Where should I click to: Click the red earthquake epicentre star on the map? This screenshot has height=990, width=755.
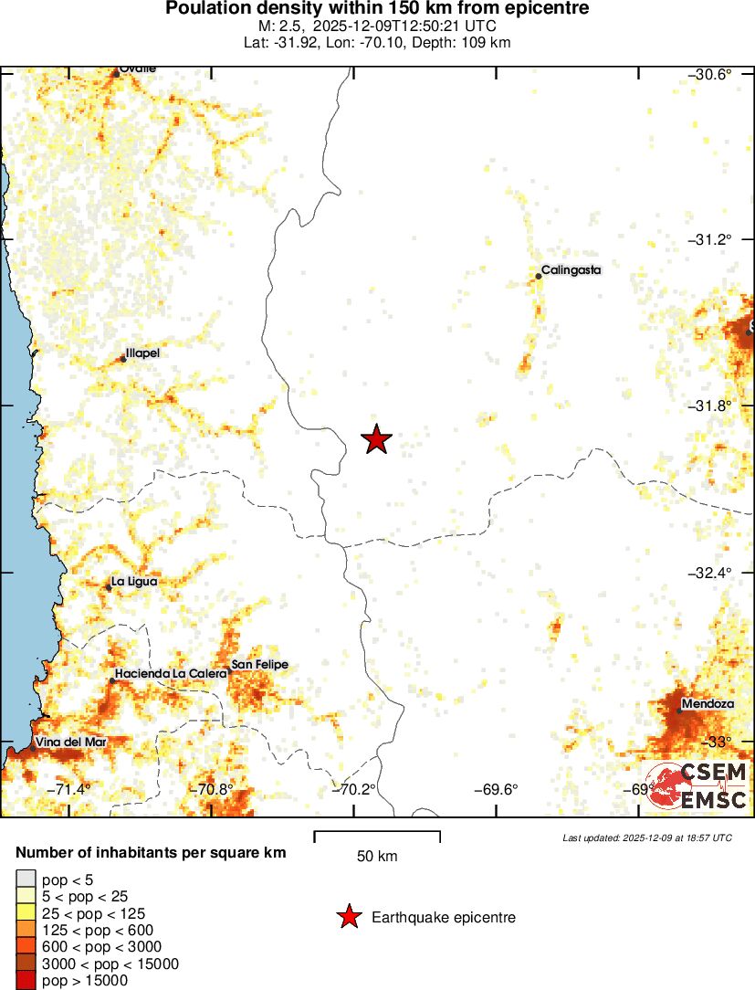(376, 439)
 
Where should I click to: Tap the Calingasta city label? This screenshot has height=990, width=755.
(571, 270)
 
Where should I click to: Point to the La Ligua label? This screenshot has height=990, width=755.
(135, 581)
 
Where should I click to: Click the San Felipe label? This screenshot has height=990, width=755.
(259, 665)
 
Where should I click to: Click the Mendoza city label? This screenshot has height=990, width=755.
(707, 704)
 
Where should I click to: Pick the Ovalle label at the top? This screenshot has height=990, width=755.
(138, 69)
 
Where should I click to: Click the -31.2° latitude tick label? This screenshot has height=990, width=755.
(709, 239)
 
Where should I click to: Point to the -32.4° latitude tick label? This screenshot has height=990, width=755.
(709, 573)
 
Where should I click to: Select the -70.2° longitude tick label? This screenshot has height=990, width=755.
(355, 790)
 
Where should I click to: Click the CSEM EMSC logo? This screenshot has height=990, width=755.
(698, 786)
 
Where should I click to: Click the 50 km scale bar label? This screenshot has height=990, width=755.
(377, 857)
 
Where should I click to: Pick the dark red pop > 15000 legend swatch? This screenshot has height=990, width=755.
(25, 981)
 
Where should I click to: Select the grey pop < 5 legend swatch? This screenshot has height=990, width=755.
(25, 880)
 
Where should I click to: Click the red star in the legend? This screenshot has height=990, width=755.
(348, 918)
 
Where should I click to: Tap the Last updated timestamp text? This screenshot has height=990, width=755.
(647, 837)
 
